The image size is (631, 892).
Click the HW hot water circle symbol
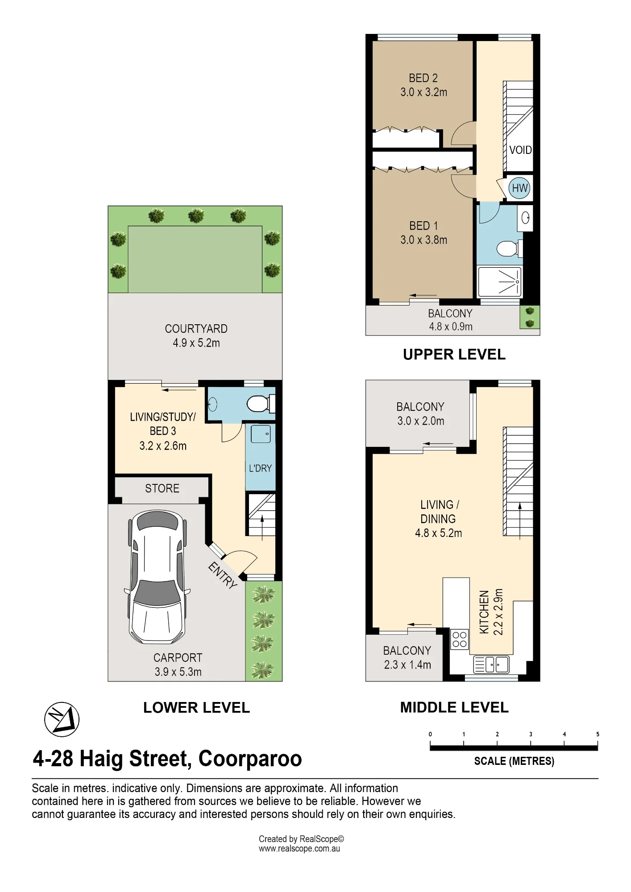[519, 188]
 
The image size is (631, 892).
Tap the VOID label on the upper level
[520, 150]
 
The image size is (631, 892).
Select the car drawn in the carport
[157, 577]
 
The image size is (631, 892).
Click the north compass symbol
[62, 719]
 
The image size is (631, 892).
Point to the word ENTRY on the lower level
[223, 575]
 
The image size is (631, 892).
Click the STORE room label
[162, 488]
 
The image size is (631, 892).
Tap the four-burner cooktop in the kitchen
[459, 639]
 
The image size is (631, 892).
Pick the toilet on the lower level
[261, 404]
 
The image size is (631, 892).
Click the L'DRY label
[260, 468]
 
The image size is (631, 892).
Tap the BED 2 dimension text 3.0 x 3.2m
[423, 92]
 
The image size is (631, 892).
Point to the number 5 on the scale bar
[598, 734]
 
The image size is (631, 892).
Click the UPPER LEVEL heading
[454, 355]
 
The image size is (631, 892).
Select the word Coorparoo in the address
[250, 759]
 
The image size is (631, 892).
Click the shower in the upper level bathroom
[499, 282]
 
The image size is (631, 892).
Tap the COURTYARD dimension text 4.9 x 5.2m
[196, 343]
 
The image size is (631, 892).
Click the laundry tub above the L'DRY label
[261, 434]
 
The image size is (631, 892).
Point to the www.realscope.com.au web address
[299, 849]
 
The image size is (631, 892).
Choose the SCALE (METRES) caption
[514, 761]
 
